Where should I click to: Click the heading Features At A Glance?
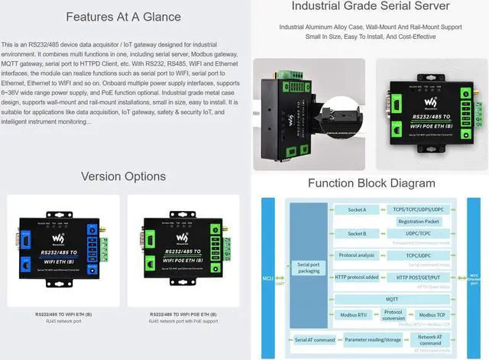point(123,17)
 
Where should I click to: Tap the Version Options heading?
point(123,177)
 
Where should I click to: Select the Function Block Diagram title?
point(371,183)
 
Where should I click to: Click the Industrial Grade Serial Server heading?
point(371,7)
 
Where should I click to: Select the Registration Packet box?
point(418,221)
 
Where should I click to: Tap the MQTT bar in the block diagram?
point(391,300)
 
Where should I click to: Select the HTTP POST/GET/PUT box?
point(418,277)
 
